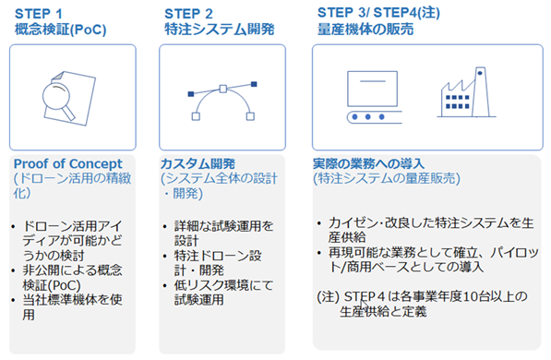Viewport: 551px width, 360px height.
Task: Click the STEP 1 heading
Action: pos(39,14)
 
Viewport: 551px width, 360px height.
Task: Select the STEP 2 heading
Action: pos(188,14)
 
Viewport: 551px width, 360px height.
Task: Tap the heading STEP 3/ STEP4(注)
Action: pos(378,13)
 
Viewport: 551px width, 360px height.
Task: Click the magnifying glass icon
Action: pos(58,101)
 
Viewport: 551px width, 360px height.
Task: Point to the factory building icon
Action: pos(466,92)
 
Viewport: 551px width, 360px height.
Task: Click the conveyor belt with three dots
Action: pos(375,117)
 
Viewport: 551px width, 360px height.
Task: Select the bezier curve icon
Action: pos(222,102)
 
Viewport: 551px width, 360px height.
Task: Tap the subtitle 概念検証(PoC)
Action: pos(60,30)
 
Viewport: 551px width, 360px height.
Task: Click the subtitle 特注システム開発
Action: pos(220,30)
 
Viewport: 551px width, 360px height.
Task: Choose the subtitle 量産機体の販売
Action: pos(365,30)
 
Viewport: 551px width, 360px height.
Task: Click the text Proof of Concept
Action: pos(67,163)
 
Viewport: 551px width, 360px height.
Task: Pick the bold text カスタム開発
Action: pos(198,163)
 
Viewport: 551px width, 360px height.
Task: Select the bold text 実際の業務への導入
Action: pos(368,163)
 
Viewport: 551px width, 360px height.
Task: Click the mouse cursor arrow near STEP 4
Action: pos(364,305)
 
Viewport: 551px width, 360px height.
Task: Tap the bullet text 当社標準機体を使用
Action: pos(72,306)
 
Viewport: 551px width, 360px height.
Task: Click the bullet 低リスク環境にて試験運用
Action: pos(223,293)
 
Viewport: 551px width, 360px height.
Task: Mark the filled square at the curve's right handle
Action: pos(254,84)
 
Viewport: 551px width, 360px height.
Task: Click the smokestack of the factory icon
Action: pos(480,92)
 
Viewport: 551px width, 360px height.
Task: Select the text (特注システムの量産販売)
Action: pos(387,179)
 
